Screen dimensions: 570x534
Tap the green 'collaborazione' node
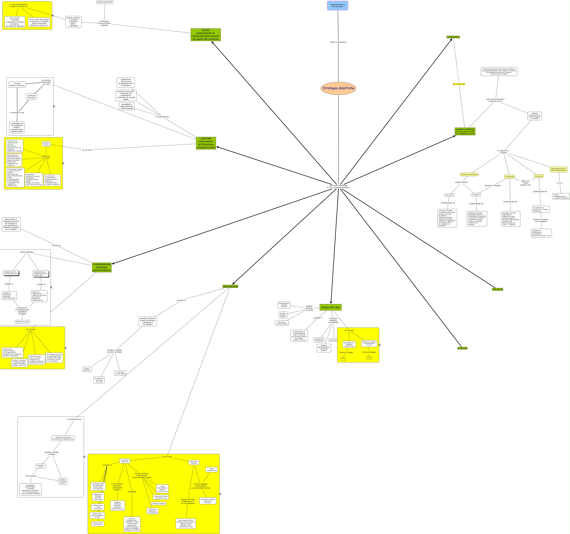[453, 37]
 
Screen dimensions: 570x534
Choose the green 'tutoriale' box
[206, 143]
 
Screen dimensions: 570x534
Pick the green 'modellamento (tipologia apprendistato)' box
[102, 267]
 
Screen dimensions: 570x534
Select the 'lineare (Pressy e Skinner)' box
[17, 85]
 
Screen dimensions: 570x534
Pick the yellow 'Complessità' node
[509, 177]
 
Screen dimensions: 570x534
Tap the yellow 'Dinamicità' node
[539, 176]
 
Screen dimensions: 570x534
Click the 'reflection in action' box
[22, 322]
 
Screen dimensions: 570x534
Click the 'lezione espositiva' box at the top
[105, 2]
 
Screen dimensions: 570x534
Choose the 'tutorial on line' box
[46, 144]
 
